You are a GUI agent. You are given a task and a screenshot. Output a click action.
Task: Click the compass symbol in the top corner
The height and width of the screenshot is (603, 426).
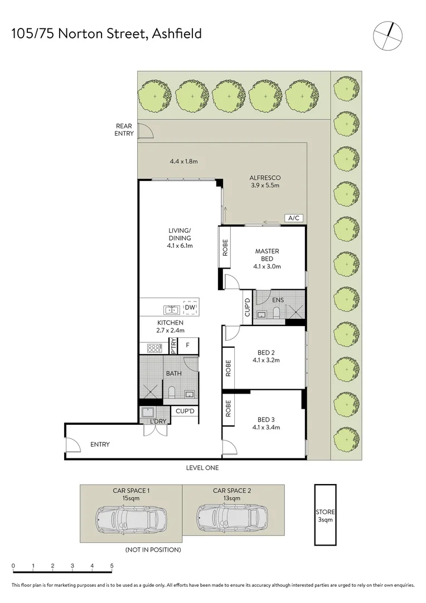388,36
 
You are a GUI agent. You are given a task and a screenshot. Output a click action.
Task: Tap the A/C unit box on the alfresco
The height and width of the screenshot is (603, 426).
294,218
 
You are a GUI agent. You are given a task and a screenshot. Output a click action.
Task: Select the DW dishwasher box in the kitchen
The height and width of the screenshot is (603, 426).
190,307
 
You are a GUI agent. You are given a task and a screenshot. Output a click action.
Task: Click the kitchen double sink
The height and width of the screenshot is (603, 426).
172,309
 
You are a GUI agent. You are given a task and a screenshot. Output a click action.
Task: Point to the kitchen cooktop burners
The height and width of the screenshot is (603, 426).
154,348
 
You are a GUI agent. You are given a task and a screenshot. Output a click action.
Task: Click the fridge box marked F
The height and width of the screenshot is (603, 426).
188,346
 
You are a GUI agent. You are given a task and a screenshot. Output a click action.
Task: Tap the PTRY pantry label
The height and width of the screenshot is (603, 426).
173,346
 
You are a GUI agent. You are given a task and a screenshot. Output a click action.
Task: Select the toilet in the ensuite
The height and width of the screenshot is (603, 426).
276,313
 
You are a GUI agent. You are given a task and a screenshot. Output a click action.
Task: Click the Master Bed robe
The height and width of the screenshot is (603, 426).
224,247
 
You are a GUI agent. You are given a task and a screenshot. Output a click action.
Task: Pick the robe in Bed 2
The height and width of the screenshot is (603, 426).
228,368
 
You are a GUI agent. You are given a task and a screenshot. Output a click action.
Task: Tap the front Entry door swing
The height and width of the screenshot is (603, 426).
73,444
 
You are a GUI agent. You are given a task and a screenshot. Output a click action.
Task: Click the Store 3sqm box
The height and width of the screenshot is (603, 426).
325,515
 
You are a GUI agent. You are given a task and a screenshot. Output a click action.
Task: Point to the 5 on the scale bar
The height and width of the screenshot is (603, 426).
112,566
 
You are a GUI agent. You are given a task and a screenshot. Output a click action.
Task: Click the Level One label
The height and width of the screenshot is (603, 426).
202,468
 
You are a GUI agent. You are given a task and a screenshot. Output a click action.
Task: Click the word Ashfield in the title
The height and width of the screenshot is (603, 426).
177,34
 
